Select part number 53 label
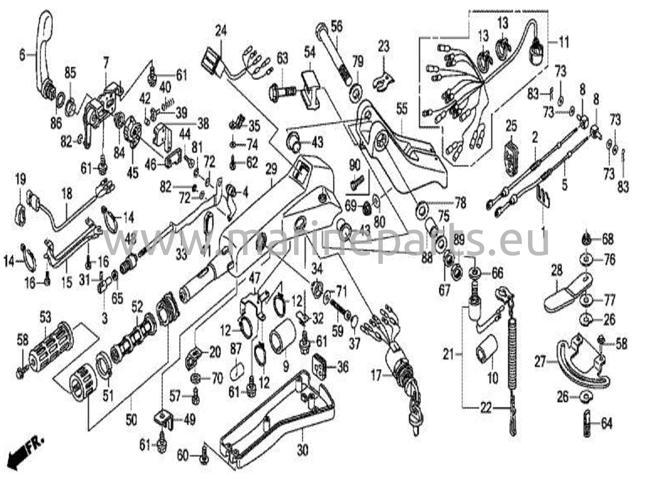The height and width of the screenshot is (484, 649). [45, 317]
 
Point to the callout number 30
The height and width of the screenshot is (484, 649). [303, 450]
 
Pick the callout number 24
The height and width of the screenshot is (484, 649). [221, 32]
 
